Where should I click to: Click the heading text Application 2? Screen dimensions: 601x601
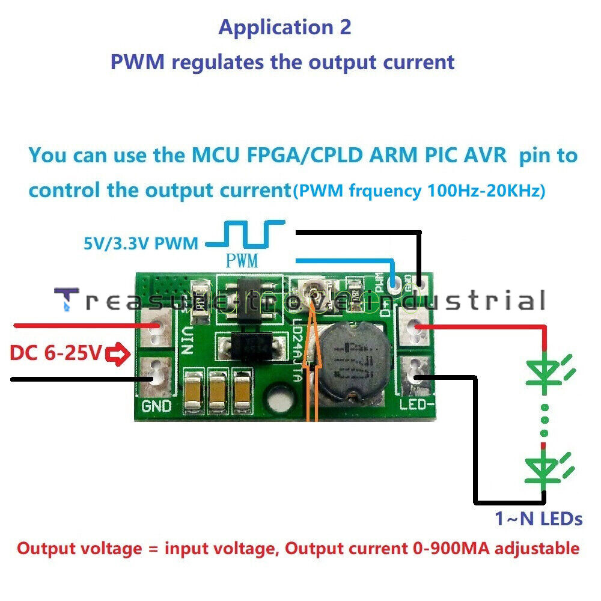pos(284,28)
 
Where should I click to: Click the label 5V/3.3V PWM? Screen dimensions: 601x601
pos(141,244)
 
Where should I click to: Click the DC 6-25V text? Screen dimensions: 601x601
pos(55,354)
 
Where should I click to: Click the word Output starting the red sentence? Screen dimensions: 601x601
pos(47,549)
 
